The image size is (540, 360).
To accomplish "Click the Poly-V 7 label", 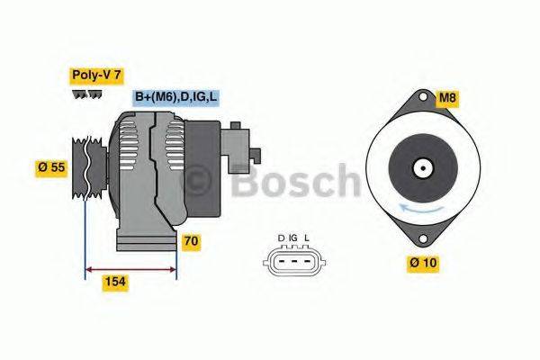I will (x=95, y=76).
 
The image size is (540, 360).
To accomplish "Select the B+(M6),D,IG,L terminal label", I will (x=176, y=97).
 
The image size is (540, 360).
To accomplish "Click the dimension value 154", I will (x=113, y=283).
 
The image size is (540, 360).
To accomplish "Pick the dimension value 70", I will (x=191, y=241).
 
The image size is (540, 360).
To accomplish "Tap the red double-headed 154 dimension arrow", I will (x=130, y=268).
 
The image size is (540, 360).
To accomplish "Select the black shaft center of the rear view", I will (x=420, y=167).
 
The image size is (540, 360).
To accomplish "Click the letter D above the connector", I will (x=281, y=238).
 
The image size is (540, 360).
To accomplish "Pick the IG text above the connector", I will (x=293, y=238).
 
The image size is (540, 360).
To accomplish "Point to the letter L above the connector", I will (x=307, y=238).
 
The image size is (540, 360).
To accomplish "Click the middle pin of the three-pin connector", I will (x=293, y=263).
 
